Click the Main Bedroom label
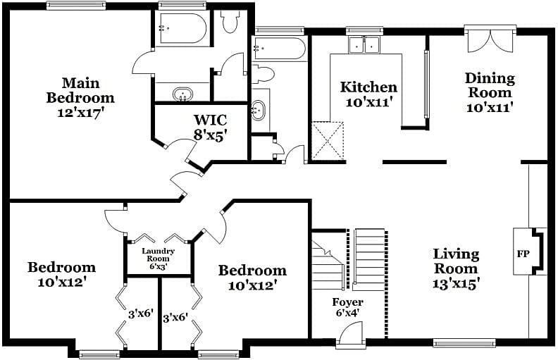[x=80, y=91]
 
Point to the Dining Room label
[x=489, y=85]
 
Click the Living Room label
[x=456, y=261]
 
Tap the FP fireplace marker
[x=523, y=253]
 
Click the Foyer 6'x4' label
[x=347, y=307]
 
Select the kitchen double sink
[x=364, y=44]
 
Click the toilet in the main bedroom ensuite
[x=230, y=22]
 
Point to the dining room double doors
[x=490, y=39]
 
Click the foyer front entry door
[x=350, y=335]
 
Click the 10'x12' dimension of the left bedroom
[x=61, y=282]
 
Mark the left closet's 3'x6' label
[x=140, y=314]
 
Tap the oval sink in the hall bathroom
[x=259, y=109]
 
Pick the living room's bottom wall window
[x=463, y=344]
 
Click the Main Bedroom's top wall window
[x=75, y=6]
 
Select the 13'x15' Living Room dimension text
[x=456, y=283]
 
